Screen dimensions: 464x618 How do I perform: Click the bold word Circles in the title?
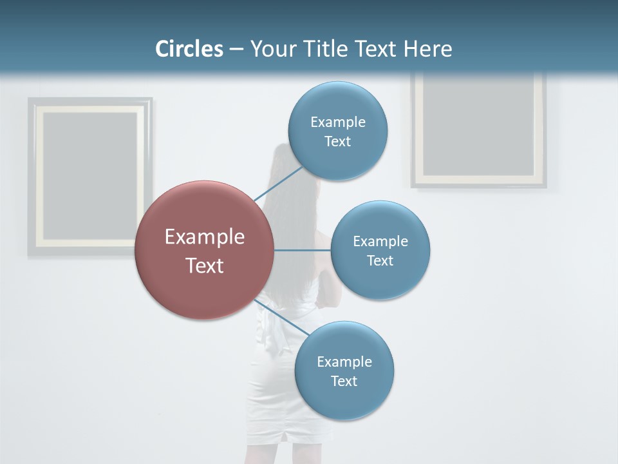tap(189, 49)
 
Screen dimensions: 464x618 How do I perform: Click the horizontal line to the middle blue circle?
tap(302, 250)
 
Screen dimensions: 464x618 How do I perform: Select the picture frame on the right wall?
tap(478, 129)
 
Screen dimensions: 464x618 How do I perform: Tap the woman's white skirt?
tap(277, 400)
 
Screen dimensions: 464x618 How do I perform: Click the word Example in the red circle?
tap(205, 237)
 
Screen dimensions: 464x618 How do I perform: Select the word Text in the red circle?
tap(205, 266)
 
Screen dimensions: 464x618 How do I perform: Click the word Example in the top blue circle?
tap(337, 122)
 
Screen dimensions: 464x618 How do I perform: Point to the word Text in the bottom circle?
tap(344, 382)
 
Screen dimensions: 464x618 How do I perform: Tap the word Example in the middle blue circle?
tap(380, 242)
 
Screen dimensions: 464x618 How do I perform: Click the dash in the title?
tap(236, 50)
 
